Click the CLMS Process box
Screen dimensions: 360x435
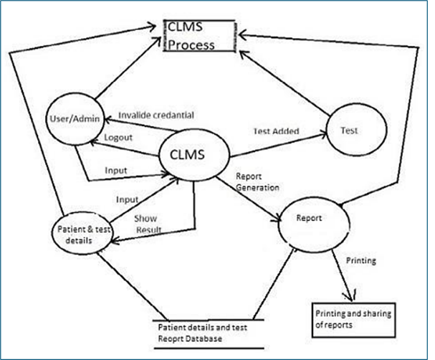(200, 36)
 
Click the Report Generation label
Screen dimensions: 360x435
(257, 182)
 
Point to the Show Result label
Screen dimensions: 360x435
(148, 224)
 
